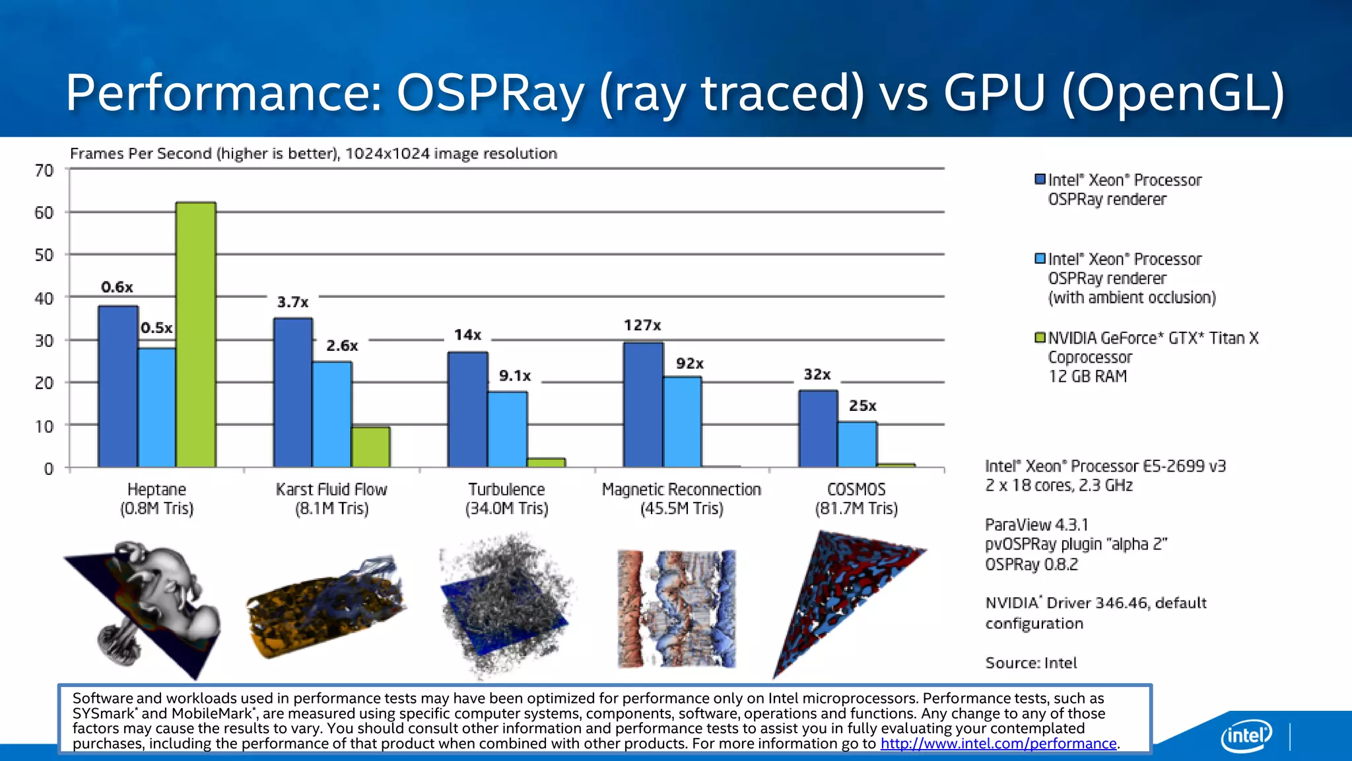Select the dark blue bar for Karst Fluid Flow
tap(293, 393)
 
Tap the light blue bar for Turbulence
tap(507, 429)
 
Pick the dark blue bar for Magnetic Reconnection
tap(643, 405)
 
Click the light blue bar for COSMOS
tap(857, 445)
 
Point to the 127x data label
tap(642, 325)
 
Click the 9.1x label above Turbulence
tap(515, 376)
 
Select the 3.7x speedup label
tap(292, 302)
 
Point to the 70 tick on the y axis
tap(44, 171)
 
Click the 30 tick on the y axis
tap(44, 341)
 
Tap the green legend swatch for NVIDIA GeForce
tap(1040, 338)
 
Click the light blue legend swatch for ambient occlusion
tap(1040, 259)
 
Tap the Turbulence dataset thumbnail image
tap(506, 604)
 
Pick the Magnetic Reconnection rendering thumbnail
tap(677, 608)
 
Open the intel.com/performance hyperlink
tap(998, 744)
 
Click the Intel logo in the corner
tap(1246, 735)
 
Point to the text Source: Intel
tap(1031, 663)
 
